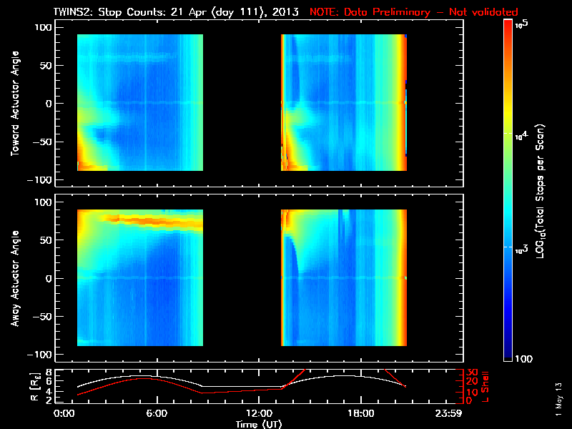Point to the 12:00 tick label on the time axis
(258, 414)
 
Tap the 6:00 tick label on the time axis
(157, 414)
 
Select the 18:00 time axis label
(360, 414)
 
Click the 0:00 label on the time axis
(64, 414)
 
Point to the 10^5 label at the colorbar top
(521, 24)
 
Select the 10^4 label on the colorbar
(521, 134)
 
